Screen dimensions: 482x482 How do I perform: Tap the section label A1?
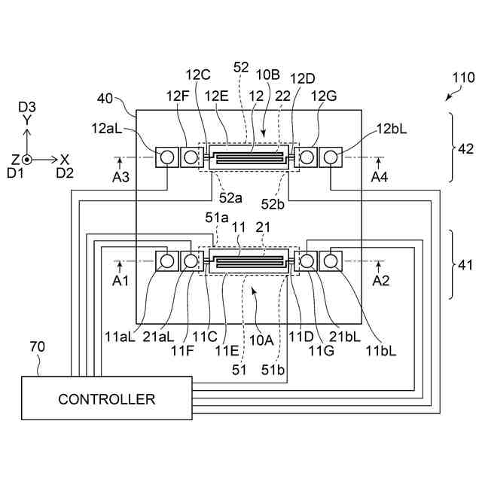click(120, 280)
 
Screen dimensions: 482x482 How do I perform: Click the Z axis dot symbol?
click(26, 160)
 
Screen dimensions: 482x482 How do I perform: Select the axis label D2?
click(65, 173)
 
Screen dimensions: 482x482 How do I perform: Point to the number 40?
click(105, 98)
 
